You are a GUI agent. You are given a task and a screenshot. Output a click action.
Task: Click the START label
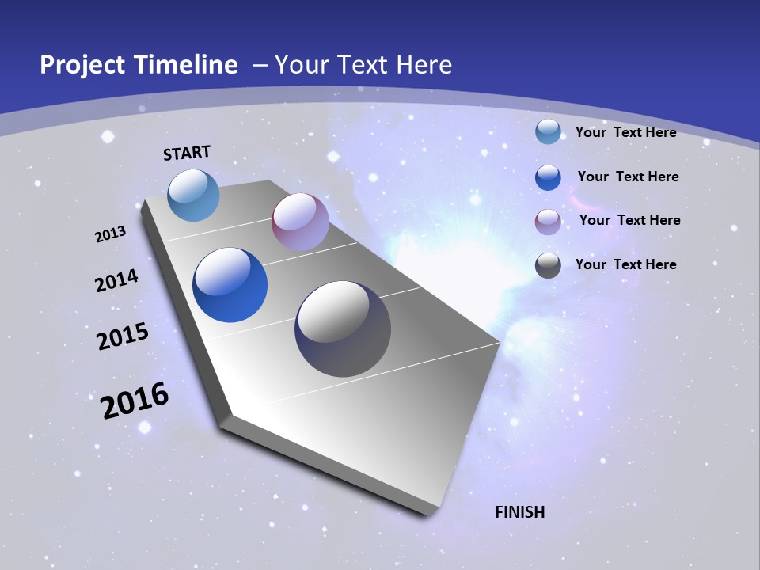click(x=187, y=153)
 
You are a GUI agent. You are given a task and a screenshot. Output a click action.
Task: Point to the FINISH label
click(x=520, y=512)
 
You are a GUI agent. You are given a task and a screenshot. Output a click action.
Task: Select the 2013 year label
click(x=111, y=234)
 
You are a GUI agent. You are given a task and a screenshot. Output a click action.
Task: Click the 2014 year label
click(x=117, y=281)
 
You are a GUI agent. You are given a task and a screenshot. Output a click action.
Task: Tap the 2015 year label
click(x=123, y=336)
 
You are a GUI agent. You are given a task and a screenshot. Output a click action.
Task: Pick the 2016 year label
click(x=135, y=401)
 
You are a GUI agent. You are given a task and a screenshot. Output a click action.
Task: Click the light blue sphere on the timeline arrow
click(x=194, y=195)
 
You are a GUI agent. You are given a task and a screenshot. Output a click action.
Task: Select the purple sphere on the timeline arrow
click(x=300, y=222)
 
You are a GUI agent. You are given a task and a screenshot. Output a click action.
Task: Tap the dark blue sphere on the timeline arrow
click(x=230, y=285)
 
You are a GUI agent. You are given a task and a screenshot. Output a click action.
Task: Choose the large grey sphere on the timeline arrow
click(x=343, y=329)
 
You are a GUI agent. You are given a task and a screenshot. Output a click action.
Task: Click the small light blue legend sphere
click(x=548, y=131)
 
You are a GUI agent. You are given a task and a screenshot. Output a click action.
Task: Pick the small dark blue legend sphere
click(x=548, y=177)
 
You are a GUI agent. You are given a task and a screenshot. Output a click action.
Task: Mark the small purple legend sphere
click(x=548, y=222)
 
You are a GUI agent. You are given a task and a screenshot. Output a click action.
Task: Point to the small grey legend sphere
click(x=548, y=265)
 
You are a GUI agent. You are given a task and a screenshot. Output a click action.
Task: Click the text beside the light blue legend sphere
click(x=625, y=132)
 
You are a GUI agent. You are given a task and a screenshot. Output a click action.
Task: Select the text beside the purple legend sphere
click(x=629, y=220)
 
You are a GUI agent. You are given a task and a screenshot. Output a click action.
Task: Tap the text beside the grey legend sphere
click(x=625, y=264)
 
